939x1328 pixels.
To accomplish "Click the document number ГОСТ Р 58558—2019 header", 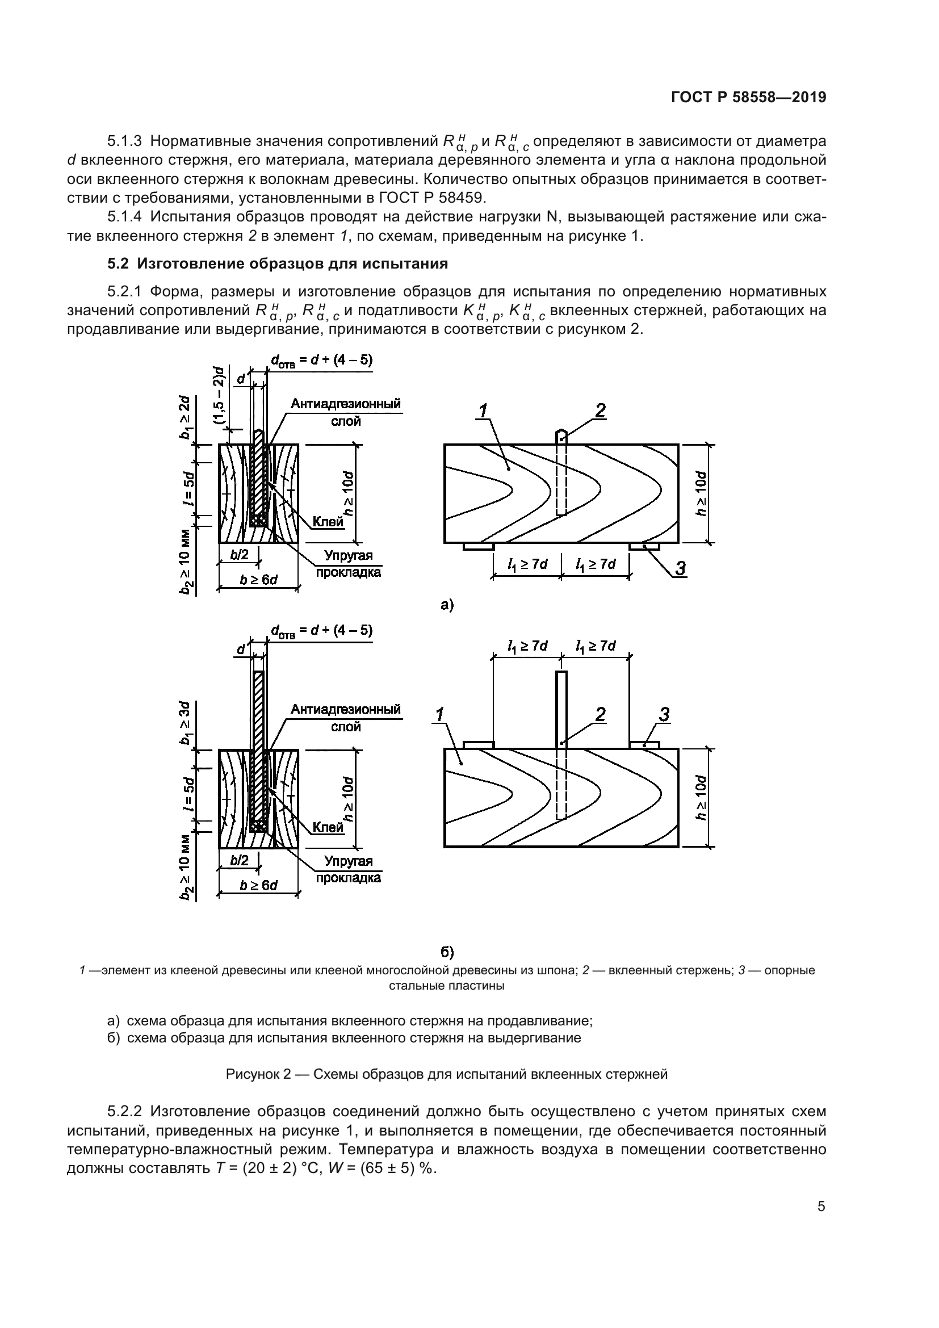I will click(748, 98).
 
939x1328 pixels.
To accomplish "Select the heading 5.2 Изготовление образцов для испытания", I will click(278, 264).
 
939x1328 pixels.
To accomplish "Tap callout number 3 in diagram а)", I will click(680, 569).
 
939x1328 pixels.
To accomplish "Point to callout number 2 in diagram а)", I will click(600, 410).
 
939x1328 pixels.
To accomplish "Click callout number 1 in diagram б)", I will click(439, 715).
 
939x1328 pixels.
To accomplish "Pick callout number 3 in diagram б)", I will click(664, 715).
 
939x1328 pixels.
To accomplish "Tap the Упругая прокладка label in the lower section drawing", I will click(347, 869).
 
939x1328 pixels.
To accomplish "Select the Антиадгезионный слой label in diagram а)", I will click(346, 411).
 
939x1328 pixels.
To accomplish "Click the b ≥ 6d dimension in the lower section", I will click(258, 886).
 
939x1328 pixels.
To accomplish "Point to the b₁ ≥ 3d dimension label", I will click(185, 723).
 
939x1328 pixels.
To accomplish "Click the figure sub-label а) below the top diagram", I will click(447, 606).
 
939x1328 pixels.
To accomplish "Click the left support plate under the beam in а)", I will click(478, 546).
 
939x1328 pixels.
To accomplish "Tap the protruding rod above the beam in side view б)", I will click(561, 709).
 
